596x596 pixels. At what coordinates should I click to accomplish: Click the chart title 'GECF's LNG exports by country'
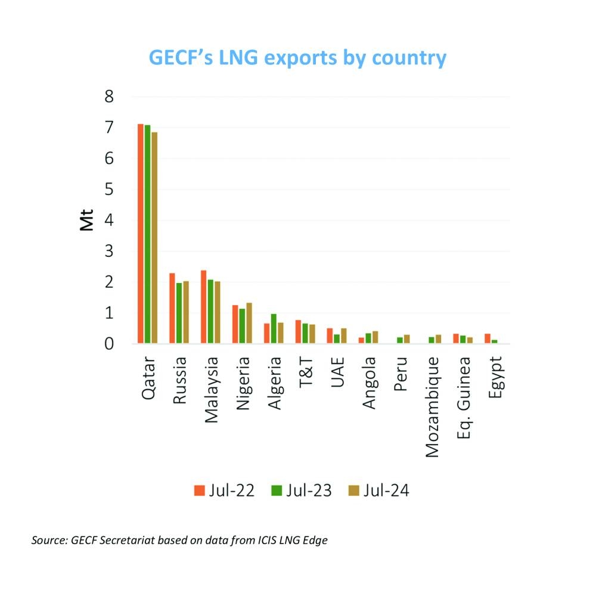tap(296, 58)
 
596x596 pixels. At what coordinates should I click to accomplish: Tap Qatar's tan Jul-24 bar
tap(154, 238)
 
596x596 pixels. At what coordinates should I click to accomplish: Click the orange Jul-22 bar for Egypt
tap(487, 339)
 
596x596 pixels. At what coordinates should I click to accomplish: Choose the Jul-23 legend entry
tap(301, 490)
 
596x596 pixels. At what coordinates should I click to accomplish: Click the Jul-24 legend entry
tap(378, 490)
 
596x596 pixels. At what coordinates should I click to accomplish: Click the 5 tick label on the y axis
tap(108, 190)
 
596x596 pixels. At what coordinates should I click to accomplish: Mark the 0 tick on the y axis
tap(108, 344)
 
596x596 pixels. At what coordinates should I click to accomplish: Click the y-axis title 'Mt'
tap(88, 221)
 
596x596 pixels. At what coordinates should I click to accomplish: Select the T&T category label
tap(306, 373)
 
